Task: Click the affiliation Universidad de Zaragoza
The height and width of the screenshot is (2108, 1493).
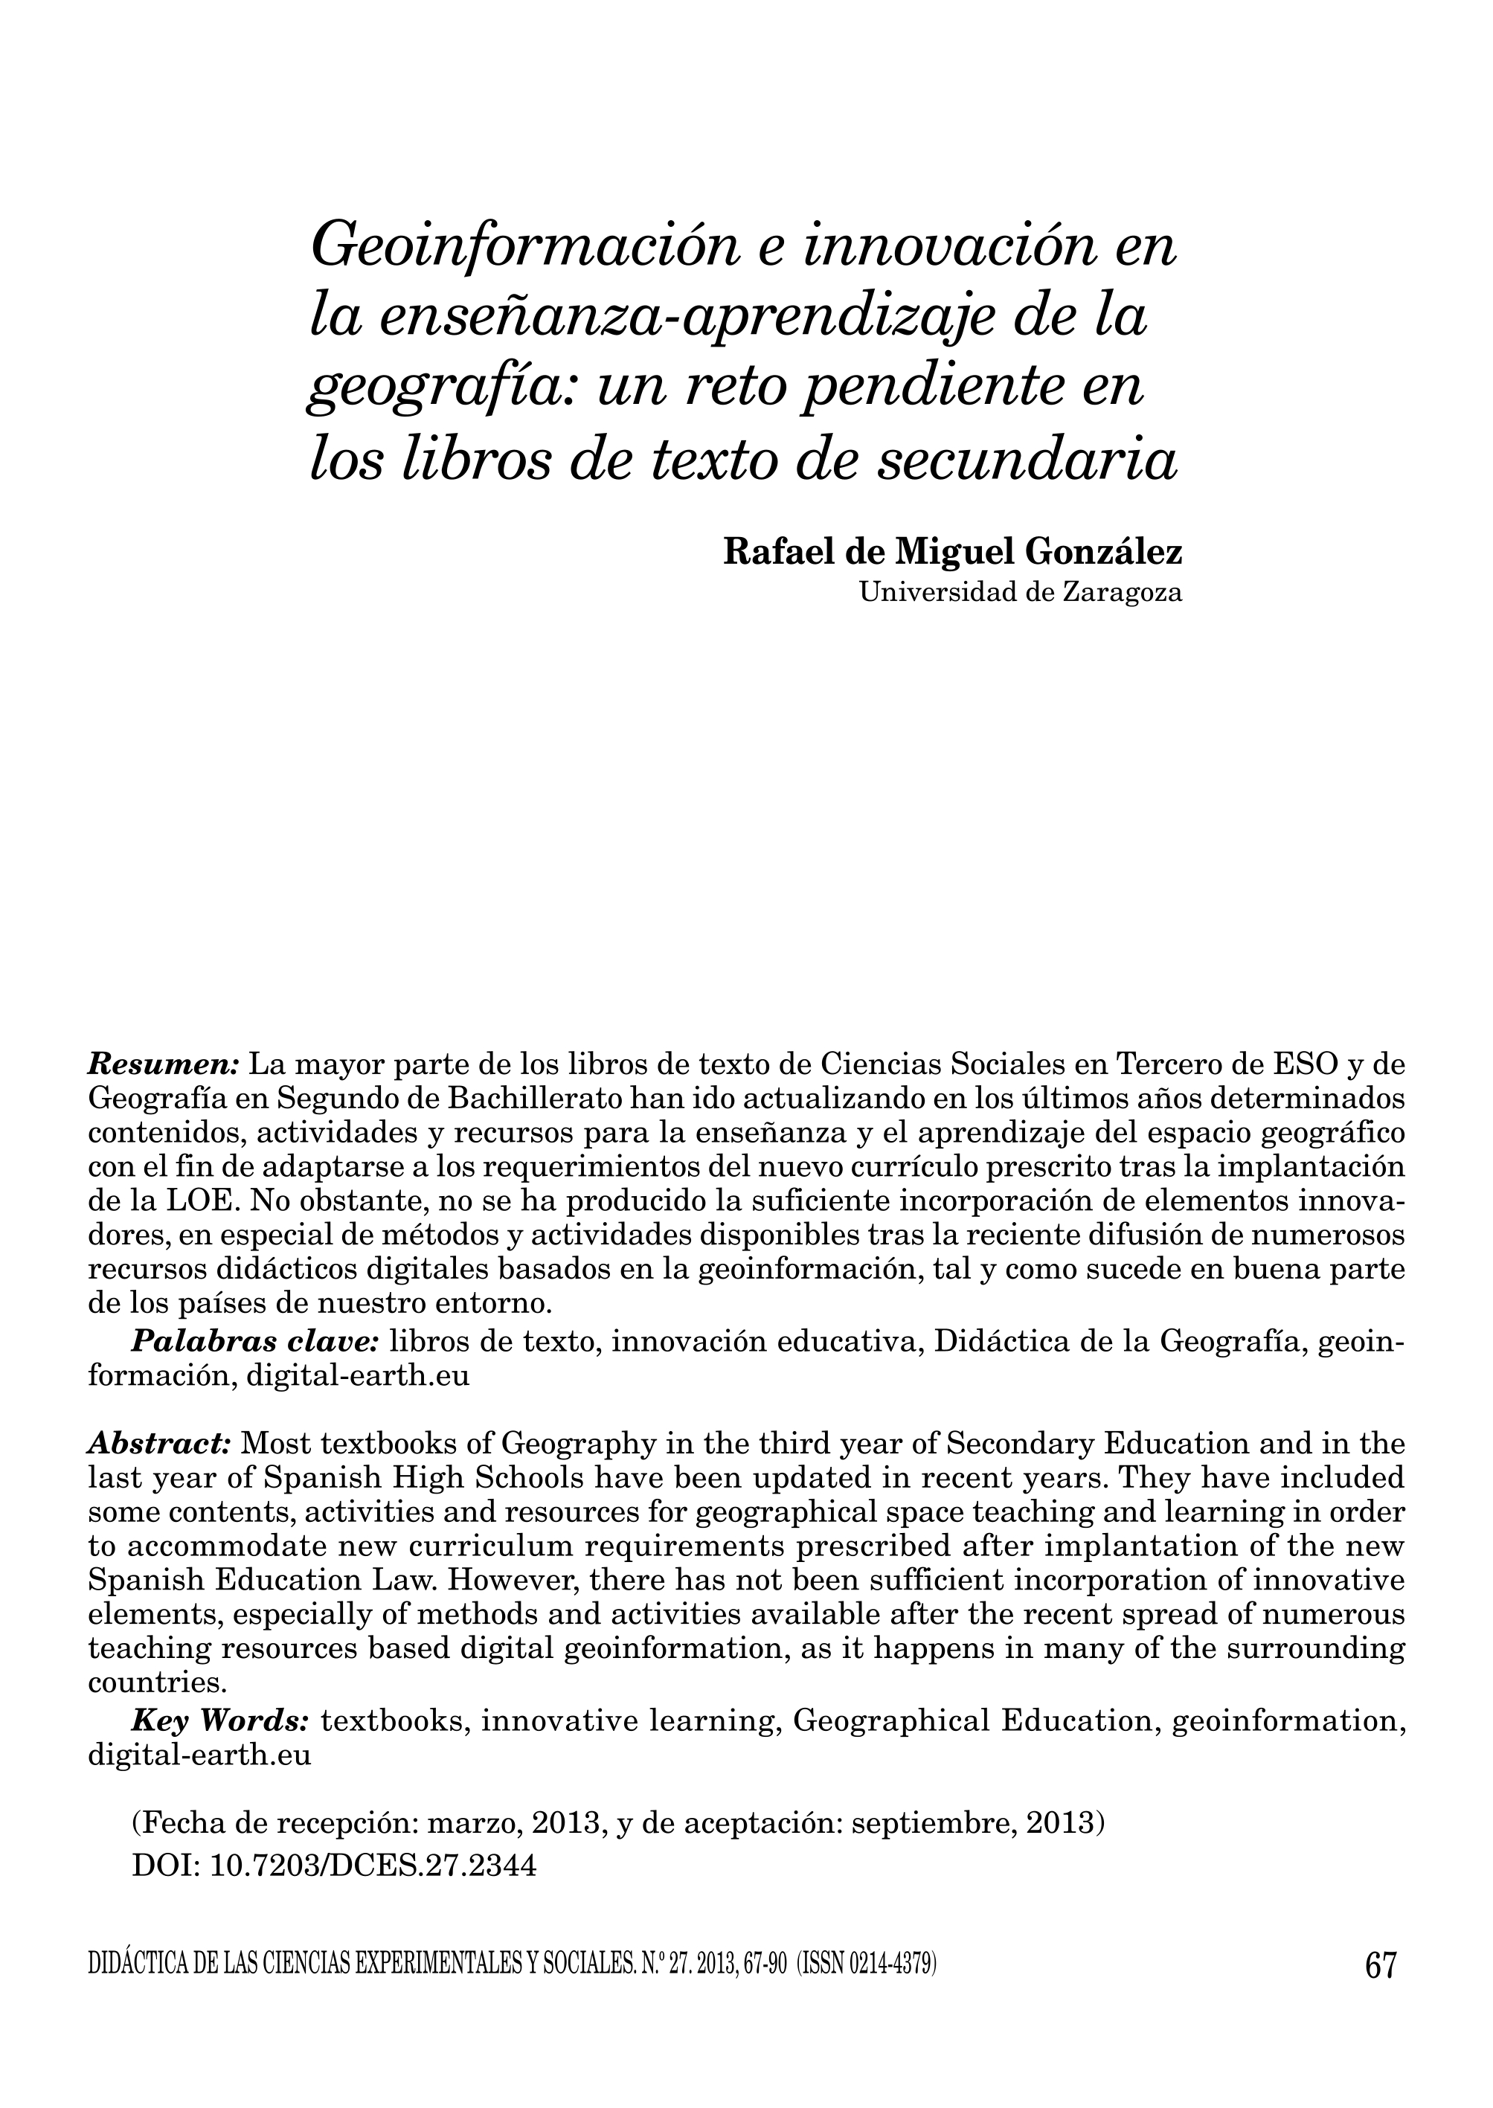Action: [1020, 593]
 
